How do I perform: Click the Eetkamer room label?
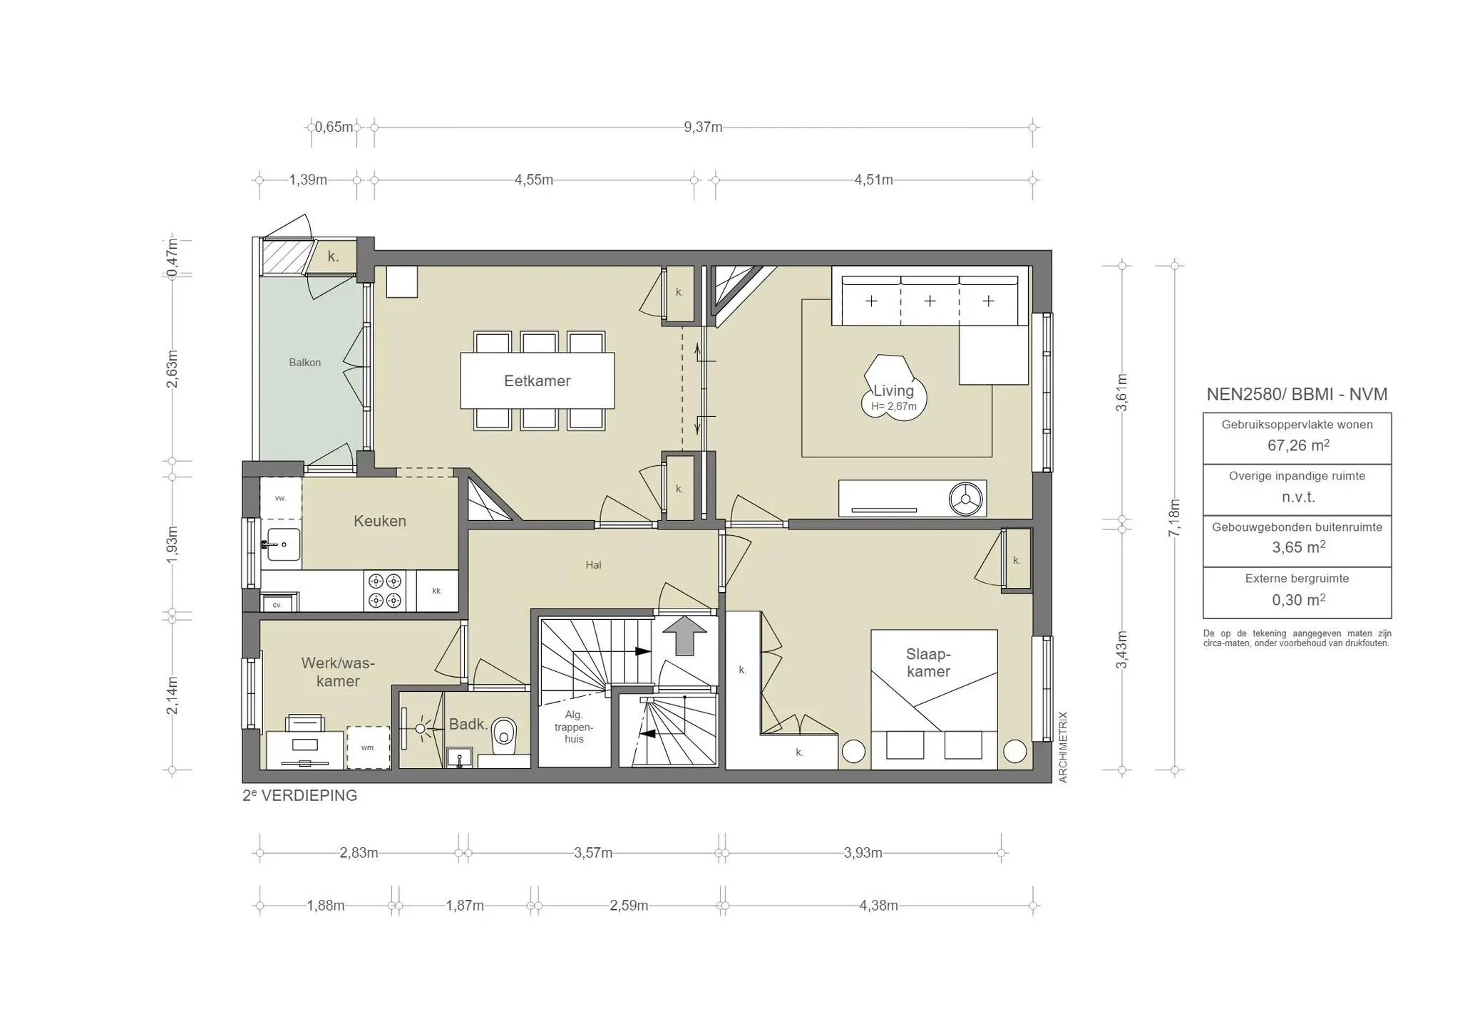click(x=537, y=381)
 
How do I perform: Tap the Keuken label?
click(x=380, y=521)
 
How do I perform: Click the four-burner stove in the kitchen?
click(x=385, y=591)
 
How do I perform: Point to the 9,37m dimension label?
click(x=703, y=128)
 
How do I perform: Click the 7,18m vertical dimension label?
click(x=1174, y=518)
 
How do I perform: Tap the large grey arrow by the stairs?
click(x=684, y=636)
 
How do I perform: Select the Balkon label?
click(x=304, y=363)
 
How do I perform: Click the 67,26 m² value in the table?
click(x=1297, y=446)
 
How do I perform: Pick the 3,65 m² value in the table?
click(x=1297, y=548)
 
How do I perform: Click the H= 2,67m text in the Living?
click(x=893, y=407)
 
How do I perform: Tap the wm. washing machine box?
click(x=369, y=747)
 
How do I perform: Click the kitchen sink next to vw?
click(x=283, y=545)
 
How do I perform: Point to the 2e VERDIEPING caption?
click(x=300, y=796)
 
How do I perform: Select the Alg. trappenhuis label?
click(x=574, y=727)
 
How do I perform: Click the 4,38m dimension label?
click(x=878, y=906)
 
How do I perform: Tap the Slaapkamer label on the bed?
click(x=928, y=663)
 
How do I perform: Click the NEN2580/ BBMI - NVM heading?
click(x=1297, y=394)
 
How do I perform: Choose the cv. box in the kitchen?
click(x=277, y=605)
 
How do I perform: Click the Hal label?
click(x=593, y=565)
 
